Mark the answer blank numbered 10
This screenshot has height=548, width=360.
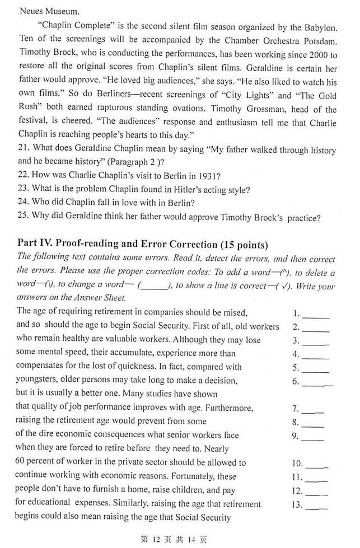click(x=317, y=464)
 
